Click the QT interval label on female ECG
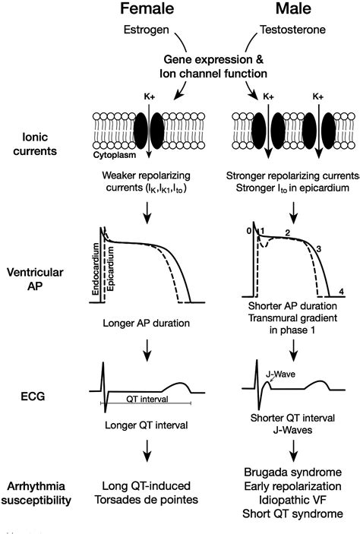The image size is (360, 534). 148,397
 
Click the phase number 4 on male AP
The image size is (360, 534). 343,291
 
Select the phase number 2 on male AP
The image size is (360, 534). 288,232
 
